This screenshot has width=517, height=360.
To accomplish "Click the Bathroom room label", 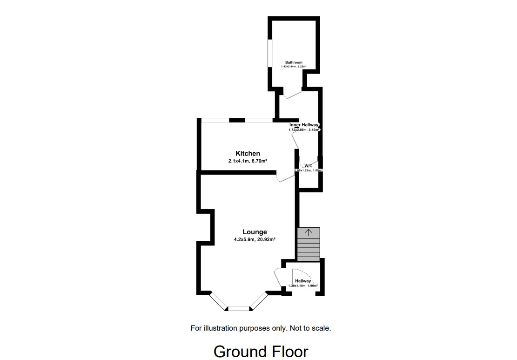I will [294, 62].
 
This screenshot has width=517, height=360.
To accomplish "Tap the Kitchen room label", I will [248, 153].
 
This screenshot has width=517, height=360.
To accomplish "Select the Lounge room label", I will [255, 232].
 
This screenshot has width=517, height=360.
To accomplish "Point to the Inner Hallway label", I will [304, 125].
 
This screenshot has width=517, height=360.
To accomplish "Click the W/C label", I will [309, 165].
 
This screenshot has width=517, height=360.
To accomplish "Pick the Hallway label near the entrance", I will [303, 281].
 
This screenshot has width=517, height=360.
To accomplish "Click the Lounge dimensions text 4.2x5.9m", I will [255, 240].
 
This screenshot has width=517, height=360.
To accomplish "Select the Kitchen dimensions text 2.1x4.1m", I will [248, 161].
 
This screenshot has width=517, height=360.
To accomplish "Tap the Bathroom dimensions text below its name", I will [294, 67].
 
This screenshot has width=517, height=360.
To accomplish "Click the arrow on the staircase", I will [308, 232].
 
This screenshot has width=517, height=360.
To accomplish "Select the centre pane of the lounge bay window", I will [239, 308].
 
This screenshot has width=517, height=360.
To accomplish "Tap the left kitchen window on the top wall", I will [215, 120].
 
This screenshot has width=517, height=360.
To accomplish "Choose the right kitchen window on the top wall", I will [259, 120].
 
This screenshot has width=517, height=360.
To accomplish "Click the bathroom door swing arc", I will [293, 96].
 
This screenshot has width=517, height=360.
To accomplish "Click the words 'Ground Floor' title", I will [261, 351].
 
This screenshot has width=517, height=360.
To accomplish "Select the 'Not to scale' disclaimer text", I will [310, 328].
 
